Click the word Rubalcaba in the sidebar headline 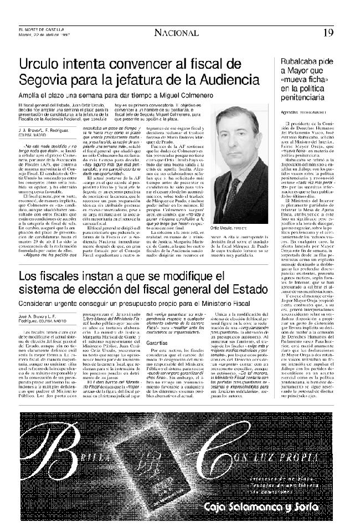(300, 62)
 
